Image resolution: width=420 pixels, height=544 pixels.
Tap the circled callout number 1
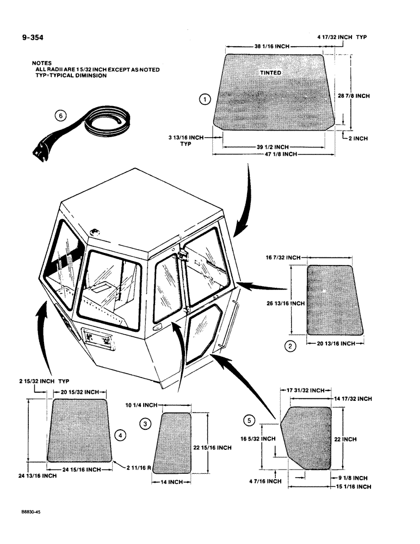pos(203,100)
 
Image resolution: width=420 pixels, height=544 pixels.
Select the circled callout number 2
pos(292,345)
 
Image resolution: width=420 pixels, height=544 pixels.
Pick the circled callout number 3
pos(145,423)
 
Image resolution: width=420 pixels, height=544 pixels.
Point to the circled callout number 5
pos(250,419)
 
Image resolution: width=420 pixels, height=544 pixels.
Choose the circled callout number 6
pos(61,115)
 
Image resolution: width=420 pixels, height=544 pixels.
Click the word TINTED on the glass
pos(270,73)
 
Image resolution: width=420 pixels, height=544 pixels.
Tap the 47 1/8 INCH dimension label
pos(274,154)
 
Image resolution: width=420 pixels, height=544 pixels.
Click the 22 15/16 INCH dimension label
pos(213,448)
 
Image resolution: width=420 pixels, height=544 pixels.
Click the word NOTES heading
pos(42,63)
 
